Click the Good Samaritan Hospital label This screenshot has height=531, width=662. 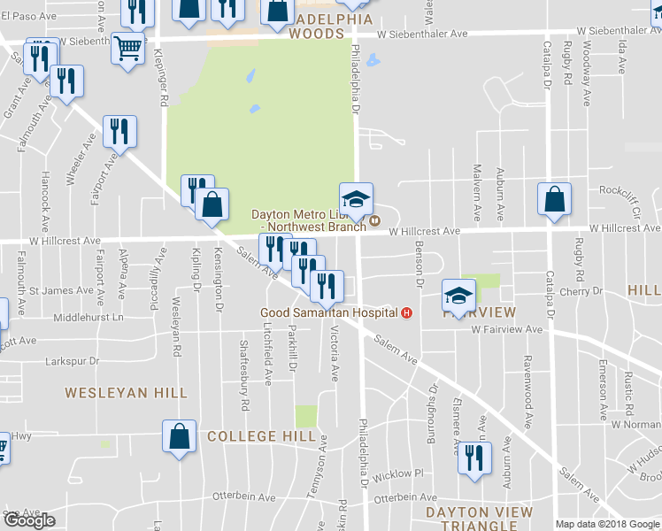tap(328, 312)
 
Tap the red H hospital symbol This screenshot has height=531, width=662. tap(407, 312)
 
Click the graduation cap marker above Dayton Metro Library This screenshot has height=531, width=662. tap(356, 200)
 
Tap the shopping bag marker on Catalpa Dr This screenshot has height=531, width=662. tap(554, 199)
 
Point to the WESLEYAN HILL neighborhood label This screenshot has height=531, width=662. tap(127, 392)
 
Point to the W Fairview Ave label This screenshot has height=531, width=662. tap(506, 329)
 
